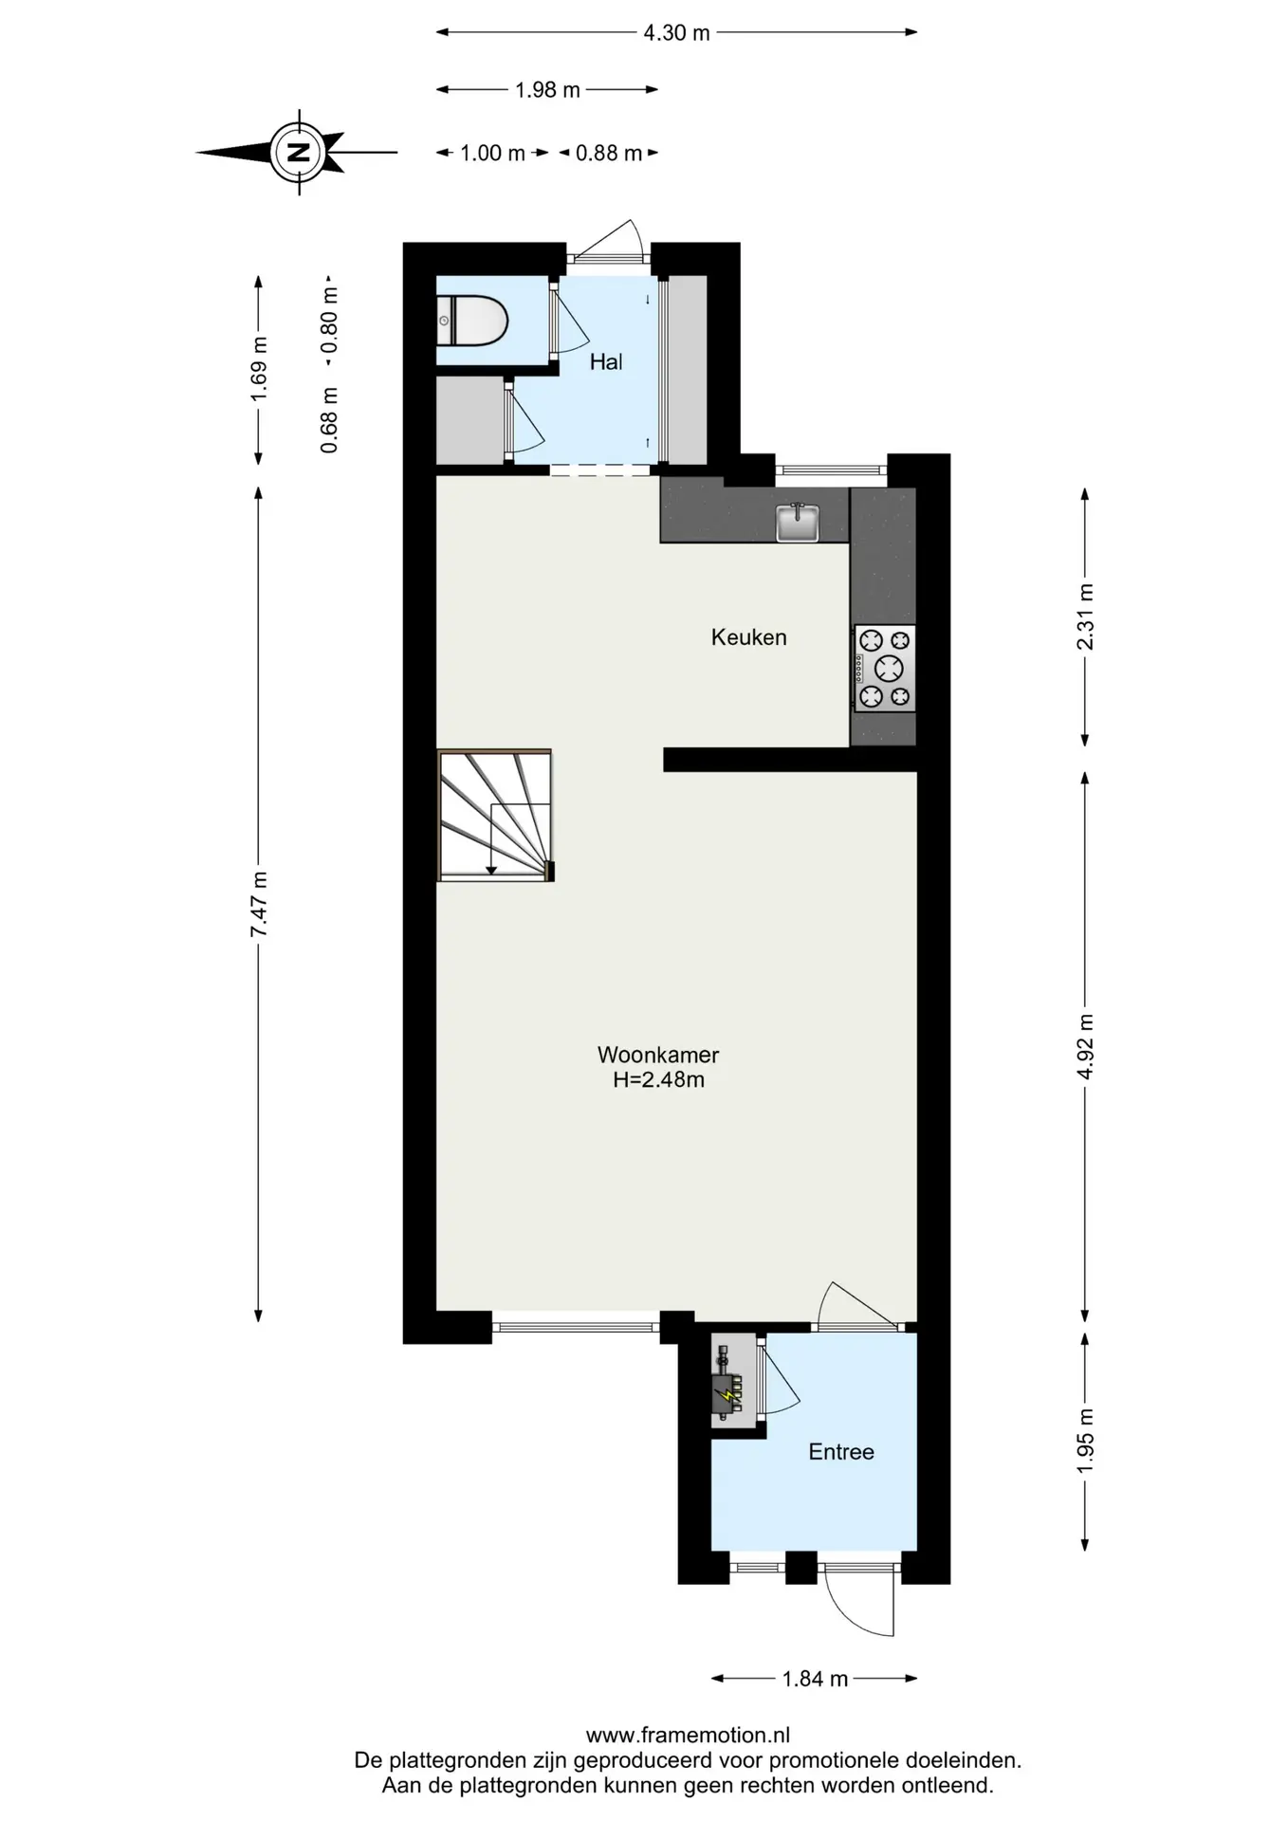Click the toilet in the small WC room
472,321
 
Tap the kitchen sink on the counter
798,522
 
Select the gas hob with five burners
885,669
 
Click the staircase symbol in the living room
495,816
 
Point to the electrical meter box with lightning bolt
728,1383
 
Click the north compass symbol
299,152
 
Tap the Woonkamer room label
658,1055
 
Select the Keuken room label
749,637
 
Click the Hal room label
606,361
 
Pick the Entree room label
841,1452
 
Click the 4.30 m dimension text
677,33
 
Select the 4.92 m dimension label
1086,1046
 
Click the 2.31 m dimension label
1086,616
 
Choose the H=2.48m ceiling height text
658,1079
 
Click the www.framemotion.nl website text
688,1736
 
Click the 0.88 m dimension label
609,154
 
